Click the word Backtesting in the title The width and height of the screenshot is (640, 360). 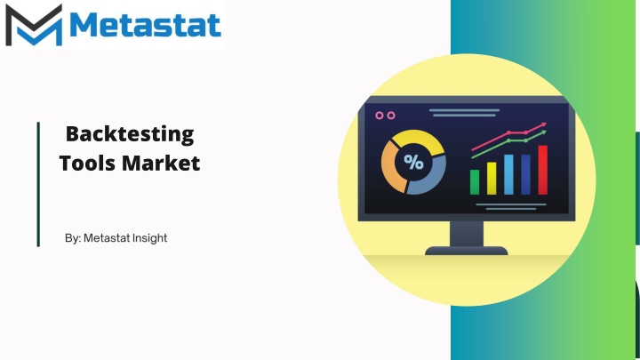click(130, 135)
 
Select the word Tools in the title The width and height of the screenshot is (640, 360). click(87, 163)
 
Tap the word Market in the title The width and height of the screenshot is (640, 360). click(161, 163)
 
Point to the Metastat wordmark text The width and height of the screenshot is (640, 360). click(145, 25)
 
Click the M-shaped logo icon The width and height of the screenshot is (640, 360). click(34, 25)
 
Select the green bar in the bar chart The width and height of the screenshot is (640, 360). click(475, 182)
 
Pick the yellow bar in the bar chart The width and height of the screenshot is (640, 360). click(492, 179)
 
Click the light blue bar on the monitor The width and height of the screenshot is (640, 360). click(508, 175)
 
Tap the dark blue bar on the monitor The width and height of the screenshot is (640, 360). click(525, 175)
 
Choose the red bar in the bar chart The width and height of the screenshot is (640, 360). click(543, 170)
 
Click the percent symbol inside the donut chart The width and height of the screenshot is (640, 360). click(413, 162)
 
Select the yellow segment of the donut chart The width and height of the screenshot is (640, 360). click(420, 139)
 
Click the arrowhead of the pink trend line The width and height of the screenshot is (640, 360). click(543, 125)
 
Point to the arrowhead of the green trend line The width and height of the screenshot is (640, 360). click(543, 132)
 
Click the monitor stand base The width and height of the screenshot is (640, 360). click(467, 250)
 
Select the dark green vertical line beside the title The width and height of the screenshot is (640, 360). click(38, 184)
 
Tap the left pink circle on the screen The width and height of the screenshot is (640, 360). click(380, 116)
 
